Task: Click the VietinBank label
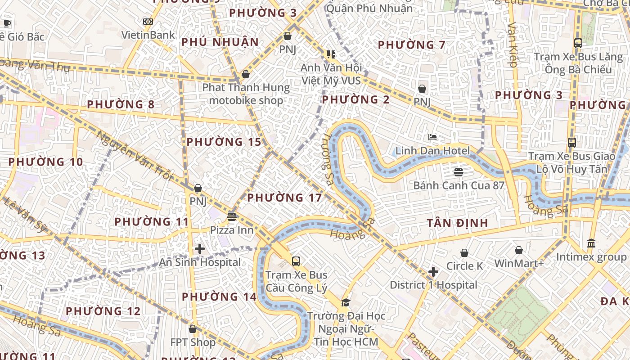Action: pos(148,35)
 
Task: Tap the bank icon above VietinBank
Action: pos(148,22)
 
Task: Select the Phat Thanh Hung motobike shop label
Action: pos(246,94)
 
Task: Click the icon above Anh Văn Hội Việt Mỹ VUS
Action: pos(331,54)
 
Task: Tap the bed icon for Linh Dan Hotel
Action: pos(432,137)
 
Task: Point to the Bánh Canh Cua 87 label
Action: pos(459,185)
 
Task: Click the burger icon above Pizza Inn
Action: pos(232,217)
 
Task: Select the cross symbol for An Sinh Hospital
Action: pos(200,249)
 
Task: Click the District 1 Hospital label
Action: pos(433,285)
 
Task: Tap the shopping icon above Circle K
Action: pos(464,253)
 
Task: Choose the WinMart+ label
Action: pos(519,263)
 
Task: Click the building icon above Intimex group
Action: pos(591,243)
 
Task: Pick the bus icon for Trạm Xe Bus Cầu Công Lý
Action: pos(296,261)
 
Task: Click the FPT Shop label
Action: pos(193,342)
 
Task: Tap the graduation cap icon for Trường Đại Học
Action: pos(346,303)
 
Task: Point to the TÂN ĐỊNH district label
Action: pos(457,223)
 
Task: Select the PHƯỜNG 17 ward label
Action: pos(284,198)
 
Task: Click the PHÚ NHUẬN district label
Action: pos(220,42)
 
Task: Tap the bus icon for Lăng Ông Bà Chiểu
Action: pos(578,44)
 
